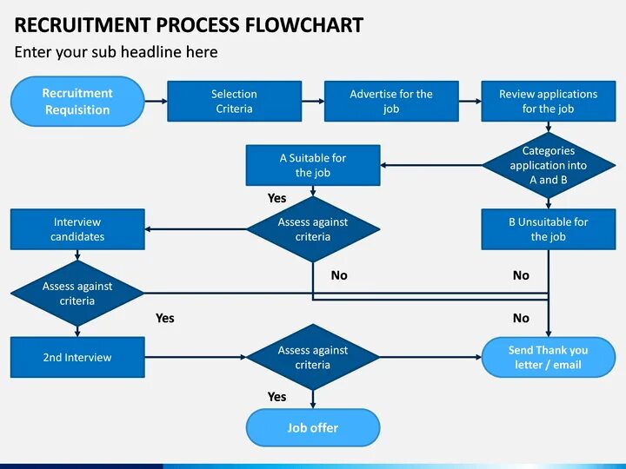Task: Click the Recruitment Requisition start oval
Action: point(77,102)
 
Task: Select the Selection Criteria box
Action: point(234,102)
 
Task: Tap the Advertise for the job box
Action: point(391,102)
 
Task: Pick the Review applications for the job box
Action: point(548,102)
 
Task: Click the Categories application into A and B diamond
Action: point(548,165)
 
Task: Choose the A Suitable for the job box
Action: point(313,165)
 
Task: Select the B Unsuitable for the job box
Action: point(548,229)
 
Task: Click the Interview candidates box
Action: point(77,229)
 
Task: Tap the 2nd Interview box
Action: point(77,357)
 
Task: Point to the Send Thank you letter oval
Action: point(548,357)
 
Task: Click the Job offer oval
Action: point(313,427)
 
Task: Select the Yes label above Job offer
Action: point(276,397)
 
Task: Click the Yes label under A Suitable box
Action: point(276,198)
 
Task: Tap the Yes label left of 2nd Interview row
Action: point(165,318)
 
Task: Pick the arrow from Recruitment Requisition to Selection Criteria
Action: point(156,102)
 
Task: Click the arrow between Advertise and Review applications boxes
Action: point(469,102)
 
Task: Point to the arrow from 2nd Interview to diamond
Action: point(196,357)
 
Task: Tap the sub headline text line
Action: point(116,52)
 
